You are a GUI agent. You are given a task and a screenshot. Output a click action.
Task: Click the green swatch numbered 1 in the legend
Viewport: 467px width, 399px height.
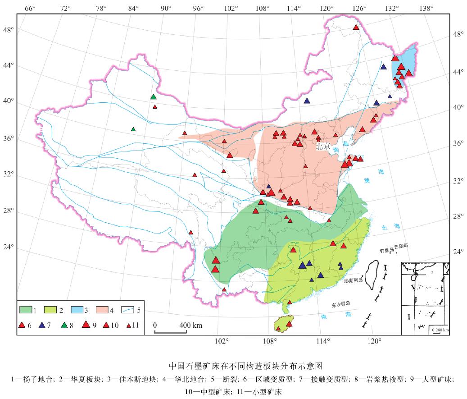(26, 310)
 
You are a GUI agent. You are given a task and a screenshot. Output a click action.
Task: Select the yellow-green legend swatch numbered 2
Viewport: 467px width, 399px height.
(51, 310)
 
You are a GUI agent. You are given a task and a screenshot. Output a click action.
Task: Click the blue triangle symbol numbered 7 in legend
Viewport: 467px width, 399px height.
(44, 325)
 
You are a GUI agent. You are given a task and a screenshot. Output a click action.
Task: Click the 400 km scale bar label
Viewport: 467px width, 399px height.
(192, 325)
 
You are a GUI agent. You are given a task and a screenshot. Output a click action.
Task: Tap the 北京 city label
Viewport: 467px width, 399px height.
(323, 147)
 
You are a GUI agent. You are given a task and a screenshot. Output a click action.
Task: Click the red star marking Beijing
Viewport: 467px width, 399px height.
(318, 139)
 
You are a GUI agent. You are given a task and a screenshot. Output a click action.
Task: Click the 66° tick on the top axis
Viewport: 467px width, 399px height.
(30, 8)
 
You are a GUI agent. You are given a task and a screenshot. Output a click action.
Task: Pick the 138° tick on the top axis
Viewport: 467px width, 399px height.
(426, 8)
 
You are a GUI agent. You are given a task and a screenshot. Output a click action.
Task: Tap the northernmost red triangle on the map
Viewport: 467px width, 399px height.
(356, 28)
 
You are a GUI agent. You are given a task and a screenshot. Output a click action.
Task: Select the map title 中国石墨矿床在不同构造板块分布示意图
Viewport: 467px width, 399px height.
(233, 365)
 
